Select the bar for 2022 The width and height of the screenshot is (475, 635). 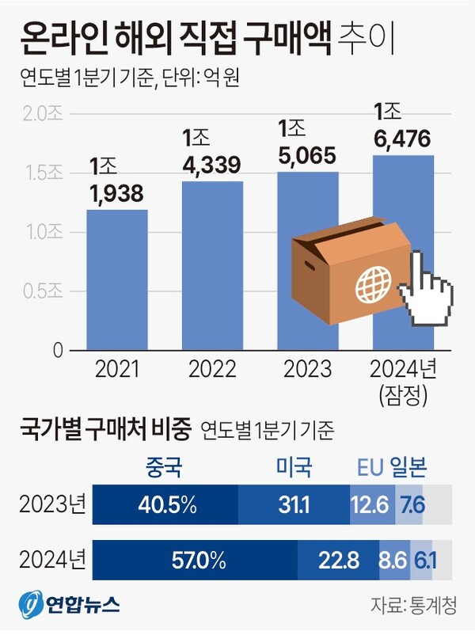212,265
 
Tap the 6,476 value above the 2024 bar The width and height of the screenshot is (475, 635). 403,140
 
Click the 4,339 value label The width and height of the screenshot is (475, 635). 211,165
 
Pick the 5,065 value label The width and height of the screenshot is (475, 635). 307,154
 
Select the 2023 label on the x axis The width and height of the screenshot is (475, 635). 307,370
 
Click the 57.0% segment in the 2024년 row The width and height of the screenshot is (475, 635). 195,561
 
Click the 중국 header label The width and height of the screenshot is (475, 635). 164,469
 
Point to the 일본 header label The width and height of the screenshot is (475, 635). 409,469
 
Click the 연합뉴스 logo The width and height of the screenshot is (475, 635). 70,606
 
